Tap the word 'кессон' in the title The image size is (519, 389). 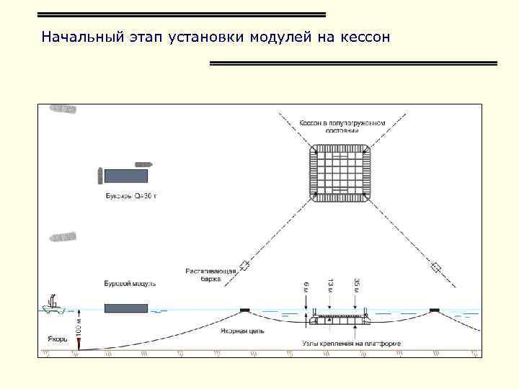(x=363, y=37)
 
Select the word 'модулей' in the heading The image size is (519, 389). (x=279, y=37)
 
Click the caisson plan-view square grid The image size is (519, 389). (x=342, y=174)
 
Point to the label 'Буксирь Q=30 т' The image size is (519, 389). (x=125, y=195)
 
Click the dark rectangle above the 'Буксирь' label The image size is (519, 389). (x=126, y=175)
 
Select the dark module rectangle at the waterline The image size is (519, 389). (x=126, y=308)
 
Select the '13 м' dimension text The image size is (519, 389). (x=330, y=286)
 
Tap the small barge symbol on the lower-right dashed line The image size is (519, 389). (x=435, y=267)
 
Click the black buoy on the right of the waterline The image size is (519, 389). (x=435, y=310)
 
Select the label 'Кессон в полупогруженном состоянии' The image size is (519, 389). (x=342, y=127)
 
